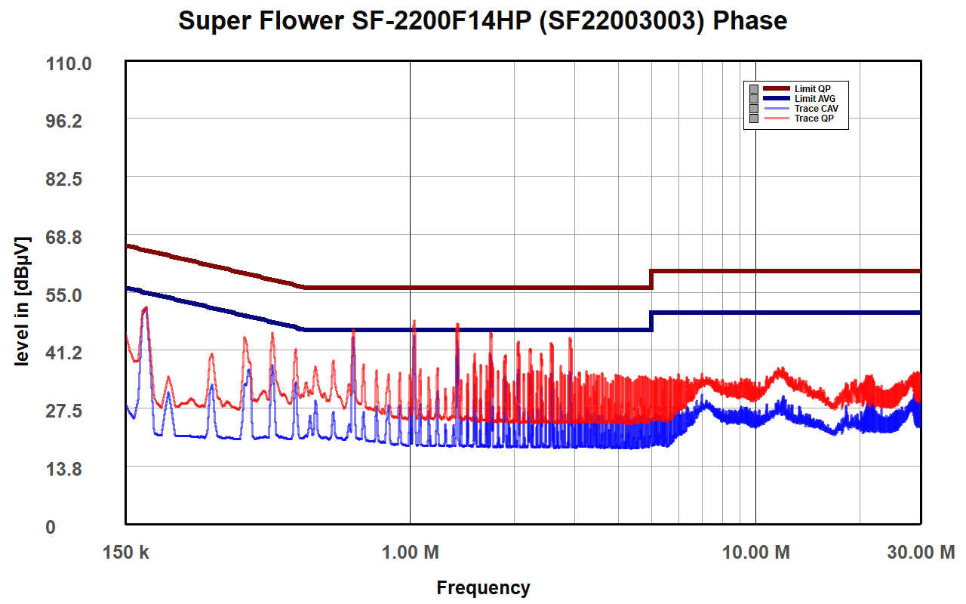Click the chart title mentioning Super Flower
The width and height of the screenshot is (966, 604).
coord(483,20)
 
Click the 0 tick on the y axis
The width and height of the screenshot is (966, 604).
coord(51,527)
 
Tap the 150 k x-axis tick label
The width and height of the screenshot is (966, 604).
coord(126,553)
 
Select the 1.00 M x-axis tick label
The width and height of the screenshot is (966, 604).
coord(410,553)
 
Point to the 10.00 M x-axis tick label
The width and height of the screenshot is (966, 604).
coord(755,553)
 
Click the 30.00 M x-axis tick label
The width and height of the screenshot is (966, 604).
coord(920,553)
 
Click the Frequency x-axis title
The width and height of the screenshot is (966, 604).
coord(483,587)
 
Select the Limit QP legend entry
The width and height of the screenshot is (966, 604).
coord(812,89)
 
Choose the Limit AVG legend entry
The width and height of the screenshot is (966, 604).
coord(814,99)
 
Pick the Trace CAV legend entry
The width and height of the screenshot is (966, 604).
coord(816,109)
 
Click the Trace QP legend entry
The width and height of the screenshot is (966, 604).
coord(814,119)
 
